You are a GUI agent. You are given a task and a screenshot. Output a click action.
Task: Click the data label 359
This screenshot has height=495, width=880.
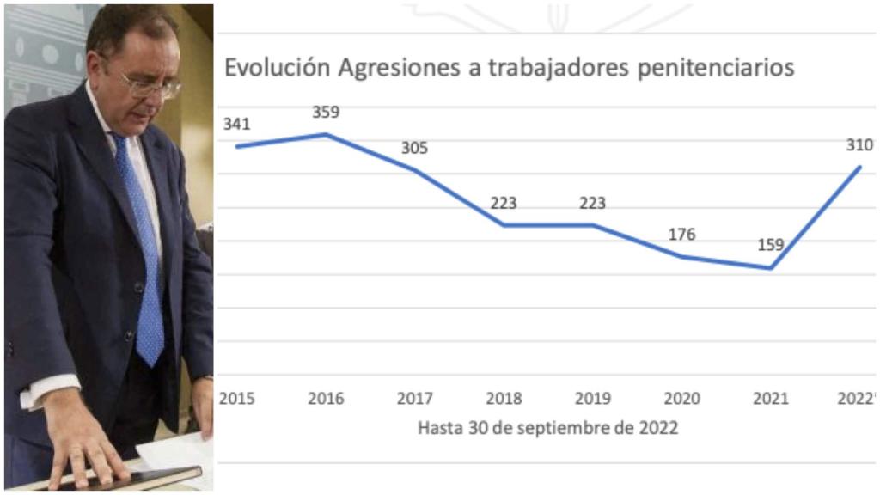click(326, 112)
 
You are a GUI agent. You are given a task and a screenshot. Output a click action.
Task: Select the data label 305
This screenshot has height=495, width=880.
click(414, 148)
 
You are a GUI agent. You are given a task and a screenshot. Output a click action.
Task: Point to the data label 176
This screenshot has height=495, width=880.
click(681, 235)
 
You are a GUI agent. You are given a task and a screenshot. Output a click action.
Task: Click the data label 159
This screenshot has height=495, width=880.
click(770, 245)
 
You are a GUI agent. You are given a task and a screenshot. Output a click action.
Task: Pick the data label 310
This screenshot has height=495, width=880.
click(859, 145)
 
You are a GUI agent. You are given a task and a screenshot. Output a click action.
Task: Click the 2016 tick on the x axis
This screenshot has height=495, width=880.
click(326, 399)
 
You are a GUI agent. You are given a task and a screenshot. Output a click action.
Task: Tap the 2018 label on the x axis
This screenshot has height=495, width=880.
click(504, 399)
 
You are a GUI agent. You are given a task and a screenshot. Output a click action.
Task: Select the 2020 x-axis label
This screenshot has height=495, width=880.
click(681, 399)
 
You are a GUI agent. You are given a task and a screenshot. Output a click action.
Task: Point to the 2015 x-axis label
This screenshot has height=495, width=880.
click(236, 399)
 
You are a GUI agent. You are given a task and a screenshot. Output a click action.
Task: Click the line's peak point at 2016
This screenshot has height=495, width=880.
click(326, 134)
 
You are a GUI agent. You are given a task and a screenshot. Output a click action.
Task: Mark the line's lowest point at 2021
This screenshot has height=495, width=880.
click(771, 268)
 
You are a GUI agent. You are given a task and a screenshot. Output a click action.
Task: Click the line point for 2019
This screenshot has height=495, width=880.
click(593, 225)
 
